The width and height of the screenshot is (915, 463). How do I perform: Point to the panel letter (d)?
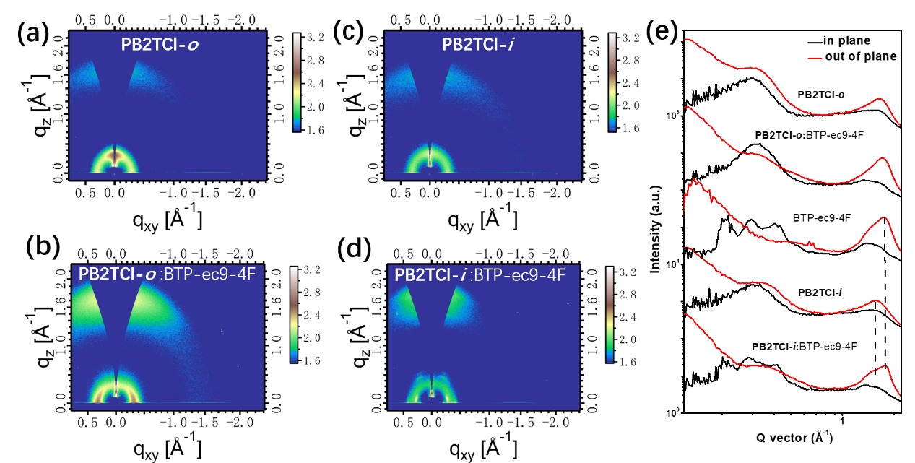pos(355,249)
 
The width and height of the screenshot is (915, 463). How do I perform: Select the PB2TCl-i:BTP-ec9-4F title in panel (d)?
pos(480,275)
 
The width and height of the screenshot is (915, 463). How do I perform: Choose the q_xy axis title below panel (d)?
pos(482,449)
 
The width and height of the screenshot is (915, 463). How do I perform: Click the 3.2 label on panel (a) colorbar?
pos(317,38)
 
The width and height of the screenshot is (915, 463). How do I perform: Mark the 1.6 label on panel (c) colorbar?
pos(633,128)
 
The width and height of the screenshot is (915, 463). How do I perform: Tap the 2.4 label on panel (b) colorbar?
pos(313,316)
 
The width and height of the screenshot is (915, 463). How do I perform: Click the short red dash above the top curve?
pos(815,59)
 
